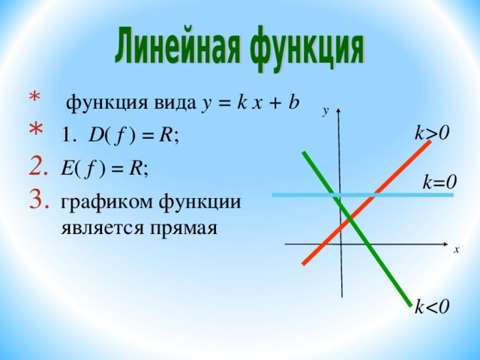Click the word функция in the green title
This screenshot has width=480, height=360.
click(307, 49)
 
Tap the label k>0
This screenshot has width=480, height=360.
click(432, 133)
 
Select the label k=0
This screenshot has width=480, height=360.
click(439, 181)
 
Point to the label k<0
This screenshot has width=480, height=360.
click(432, 306)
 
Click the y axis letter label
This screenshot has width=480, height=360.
click(325, 111)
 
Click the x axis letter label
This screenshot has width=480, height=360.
click(457, 250)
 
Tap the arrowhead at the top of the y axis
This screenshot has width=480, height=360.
click(338, 110)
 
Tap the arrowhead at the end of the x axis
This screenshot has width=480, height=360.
click(445, 244)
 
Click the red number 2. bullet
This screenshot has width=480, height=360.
click(38, 166)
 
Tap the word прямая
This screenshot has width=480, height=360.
click(183, 228)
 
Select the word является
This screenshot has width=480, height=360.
click(102, 228)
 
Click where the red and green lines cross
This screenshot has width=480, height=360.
click(350, 218)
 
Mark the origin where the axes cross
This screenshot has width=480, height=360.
click(341, 244)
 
